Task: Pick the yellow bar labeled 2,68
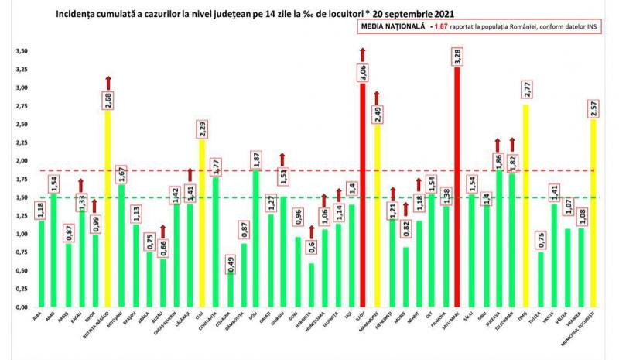108,209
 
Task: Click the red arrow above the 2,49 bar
377,98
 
